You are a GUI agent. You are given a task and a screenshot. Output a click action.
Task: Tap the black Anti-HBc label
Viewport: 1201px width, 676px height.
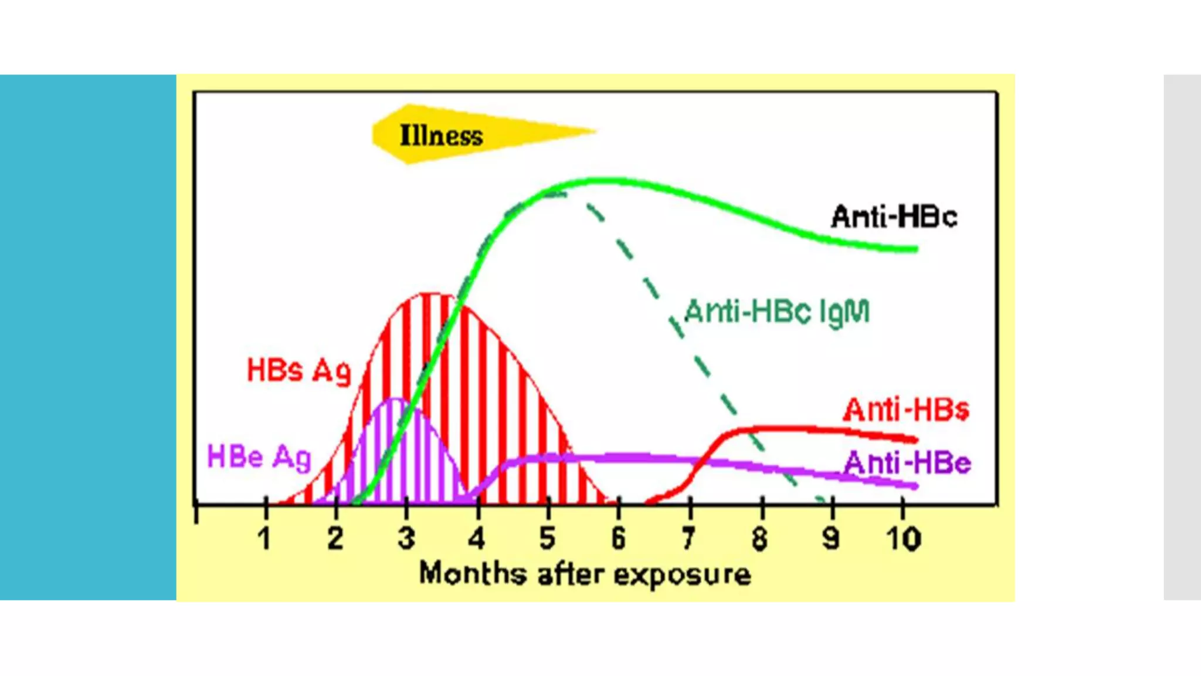coord(894,217)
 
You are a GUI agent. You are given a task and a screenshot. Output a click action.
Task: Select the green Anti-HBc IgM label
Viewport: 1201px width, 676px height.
coord(777,312)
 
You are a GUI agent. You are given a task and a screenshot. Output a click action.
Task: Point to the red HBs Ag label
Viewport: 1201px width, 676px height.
coord(298,371)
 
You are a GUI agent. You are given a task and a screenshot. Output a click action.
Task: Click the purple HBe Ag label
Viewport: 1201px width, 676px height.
coord(259,457)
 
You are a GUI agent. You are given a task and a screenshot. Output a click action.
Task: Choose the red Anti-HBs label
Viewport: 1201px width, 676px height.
coord(906,410)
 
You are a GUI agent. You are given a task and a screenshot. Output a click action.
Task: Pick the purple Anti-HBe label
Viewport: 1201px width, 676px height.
coord(907,463)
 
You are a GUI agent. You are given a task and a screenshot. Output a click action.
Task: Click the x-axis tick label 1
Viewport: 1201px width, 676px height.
coord(264,538)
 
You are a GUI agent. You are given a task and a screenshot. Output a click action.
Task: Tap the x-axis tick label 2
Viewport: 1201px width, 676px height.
coord(335,538)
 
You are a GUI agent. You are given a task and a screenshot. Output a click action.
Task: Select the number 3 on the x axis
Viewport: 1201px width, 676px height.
coord(406,538)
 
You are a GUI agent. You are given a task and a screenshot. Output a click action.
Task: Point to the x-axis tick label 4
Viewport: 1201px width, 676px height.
coord(477,538)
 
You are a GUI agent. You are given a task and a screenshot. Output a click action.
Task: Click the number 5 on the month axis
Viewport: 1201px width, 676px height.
coord(547,538)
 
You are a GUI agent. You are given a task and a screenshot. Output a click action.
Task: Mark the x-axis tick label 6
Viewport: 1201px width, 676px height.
coord(618,538)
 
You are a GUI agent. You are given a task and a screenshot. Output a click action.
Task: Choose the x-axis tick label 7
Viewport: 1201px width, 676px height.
coord(688,538)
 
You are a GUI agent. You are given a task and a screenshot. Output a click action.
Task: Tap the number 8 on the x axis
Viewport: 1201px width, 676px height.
coord(759,538)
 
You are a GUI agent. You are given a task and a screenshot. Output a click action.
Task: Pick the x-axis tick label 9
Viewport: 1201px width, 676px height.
coord(830,538)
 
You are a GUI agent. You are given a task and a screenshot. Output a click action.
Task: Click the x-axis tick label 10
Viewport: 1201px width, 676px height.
coord(903,538)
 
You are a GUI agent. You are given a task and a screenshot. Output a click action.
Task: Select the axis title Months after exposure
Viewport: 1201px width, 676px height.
coord(585,573)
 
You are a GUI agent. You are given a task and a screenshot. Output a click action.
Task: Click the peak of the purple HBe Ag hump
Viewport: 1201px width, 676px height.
coord(397,399)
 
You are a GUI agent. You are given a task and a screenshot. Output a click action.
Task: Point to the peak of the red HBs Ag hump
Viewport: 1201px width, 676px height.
coord(432,293)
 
